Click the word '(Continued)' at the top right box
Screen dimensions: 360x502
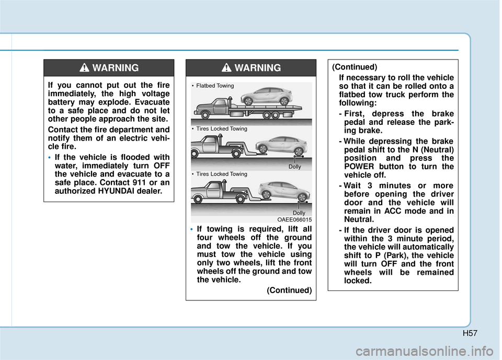[x=355, y=67]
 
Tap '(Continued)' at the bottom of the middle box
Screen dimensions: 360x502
[x=289, y=290]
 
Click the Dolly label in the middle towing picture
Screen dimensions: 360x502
[x=295, y=167]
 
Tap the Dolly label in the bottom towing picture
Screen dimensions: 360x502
[x=299, y=213]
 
